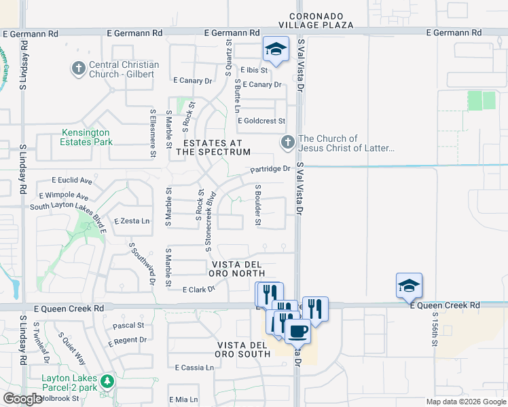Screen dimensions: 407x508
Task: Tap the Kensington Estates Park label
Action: [86, 137]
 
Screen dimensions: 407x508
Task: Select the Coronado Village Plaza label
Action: [321, 20]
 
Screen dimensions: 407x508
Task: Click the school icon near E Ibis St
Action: [275, 50]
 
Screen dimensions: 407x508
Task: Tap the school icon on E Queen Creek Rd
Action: [410, 286]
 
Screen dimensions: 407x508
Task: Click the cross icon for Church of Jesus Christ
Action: [287, 142]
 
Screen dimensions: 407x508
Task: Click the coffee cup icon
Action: [297, 332]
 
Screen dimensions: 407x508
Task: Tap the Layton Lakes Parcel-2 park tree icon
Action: [105, 381]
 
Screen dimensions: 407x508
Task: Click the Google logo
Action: [23, 399]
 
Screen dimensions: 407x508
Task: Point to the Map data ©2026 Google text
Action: [465, 402]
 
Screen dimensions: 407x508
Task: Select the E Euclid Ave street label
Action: [72, 180]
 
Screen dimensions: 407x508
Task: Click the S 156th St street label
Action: [435, 329]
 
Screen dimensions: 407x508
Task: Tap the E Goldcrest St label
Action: [265, 120]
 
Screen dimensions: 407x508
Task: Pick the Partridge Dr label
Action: [270, 168]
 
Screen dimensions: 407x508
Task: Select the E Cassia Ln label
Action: [194, 368]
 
